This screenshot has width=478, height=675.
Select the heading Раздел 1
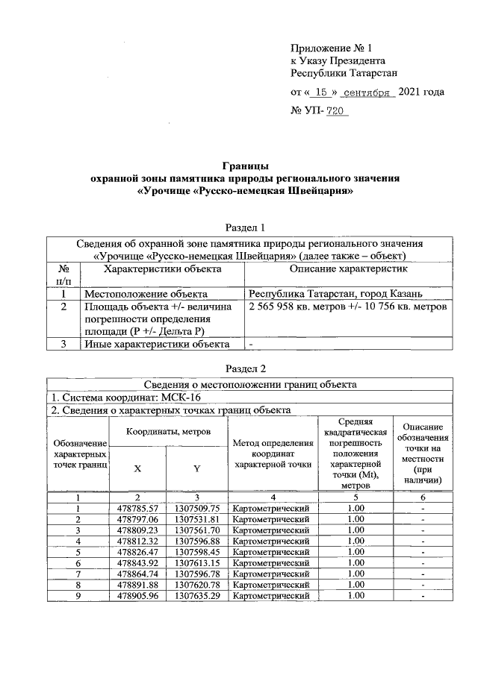click(246, 227)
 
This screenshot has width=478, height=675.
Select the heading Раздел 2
click(246, 368)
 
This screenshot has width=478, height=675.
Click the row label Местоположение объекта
click(145, 294)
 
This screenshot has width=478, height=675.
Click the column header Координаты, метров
click(167, 431)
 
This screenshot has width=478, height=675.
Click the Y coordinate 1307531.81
click(196, 519)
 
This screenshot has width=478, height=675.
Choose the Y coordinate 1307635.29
click(196, 596)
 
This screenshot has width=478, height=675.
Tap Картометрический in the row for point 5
click(271, 552)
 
